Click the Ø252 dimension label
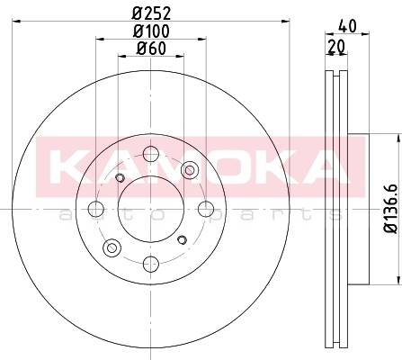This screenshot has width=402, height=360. pyautogui.click(x=151, y=13)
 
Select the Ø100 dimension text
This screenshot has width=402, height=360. pyautogui.click(x=151, y=31)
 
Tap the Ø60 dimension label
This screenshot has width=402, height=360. pyautogui.click(x=151, y=49)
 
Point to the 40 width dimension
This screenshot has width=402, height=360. pyautogui.click(x=347, y=26)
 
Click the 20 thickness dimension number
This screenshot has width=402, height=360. pyautogui.click(x=336, y=47)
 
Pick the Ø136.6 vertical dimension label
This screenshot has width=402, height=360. pyautogui.click(x=392, y=208)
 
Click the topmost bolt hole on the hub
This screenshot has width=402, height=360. pyautogui.click(x=150, y=154)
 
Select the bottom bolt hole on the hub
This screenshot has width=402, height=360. pyautogui.click(x=150, y=264)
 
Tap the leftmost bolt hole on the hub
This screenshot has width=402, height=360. pyautogui.click(x=96, y=209)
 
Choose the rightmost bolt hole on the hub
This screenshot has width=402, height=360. pyautogui.click(x=206, y=209)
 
